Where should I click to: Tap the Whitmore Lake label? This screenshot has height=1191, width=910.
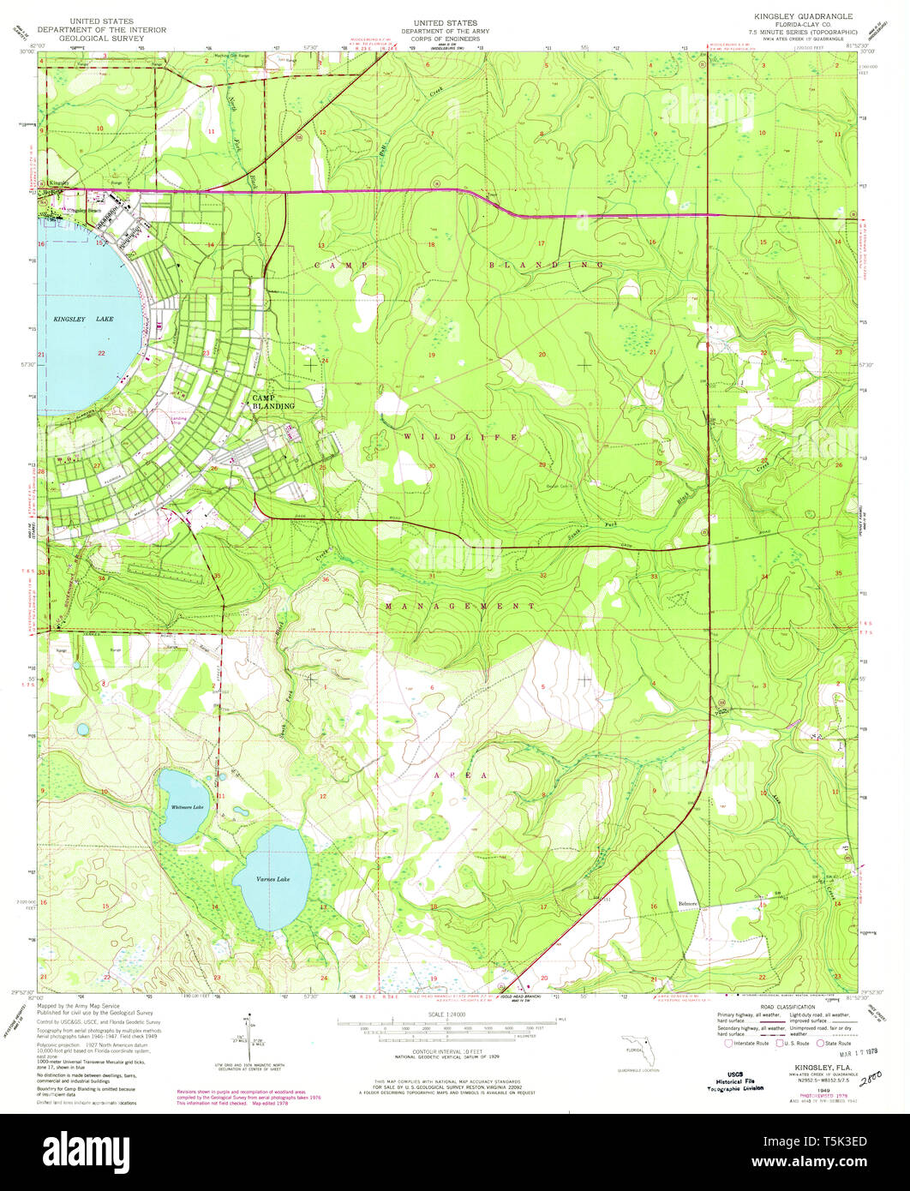187,807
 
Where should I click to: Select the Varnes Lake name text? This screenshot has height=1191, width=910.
272,879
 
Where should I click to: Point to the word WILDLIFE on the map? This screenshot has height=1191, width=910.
461,437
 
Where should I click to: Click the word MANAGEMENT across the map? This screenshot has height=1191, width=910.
460,606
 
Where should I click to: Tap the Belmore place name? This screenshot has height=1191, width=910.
689,903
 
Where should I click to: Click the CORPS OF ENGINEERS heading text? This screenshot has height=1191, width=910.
445,39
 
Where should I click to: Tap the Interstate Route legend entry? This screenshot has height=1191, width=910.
747,1043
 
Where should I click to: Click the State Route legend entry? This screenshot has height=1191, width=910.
835,1043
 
